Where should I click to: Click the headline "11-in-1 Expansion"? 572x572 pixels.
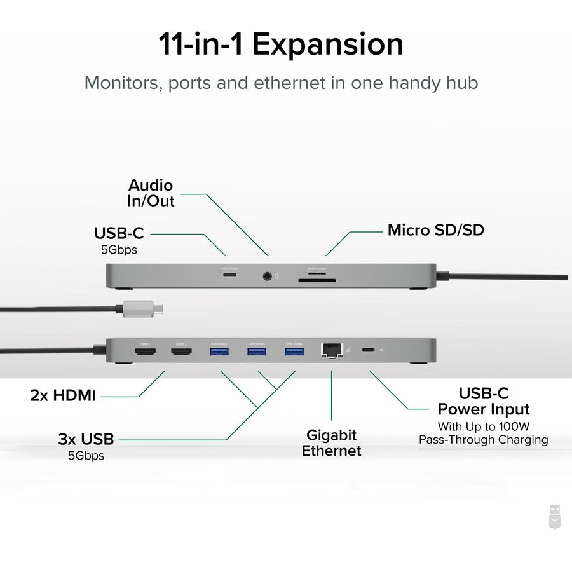pos(280,45)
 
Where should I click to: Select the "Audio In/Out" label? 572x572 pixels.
pos(151,193)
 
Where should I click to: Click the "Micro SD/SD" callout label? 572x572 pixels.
pos(435,230)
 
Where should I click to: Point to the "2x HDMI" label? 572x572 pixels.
pos(62,395)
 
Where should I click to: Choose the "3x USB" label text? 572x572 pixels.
pos(85,439)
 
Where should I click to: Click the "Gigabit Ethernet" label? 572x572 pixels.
pos(331,443)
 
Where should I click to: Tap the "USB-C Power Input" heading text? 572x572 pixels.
pos(483,401)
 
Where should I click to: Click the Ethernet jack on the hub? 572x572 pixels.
pos(331,350)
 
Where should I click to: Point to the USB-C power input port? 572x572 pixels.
pos(367,350)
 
